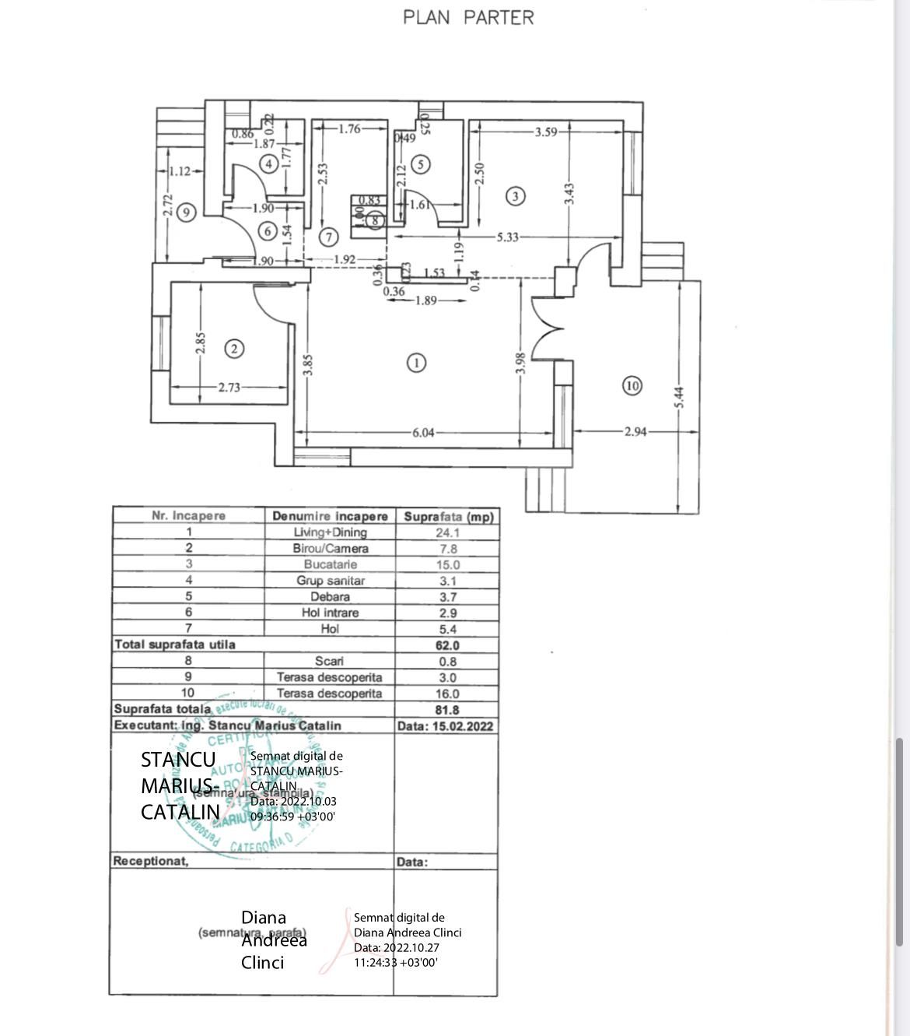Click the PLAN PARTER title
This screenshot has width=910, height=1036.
tap(468, 17)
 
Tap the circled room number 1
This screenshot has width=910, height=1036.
tap(417, 362)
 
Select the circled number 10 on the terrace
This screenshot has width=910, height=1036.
tap(632, 385)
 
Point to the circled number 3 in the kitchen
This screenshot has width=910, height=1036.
tap(515, 196)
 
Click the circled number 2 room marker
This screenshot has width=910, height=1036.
tap(234, 349)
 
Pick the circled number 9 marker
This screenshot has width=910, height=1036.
tap(186, 211)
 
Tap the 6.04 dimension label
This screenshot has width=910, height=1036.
tap(423, 433)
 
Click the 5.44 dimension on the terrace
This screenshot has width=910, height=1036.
tap(680, 398)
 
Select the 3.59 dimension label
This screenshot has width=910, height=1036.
tap(546, 132)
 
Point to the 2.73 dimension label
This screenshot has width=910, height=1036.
tap(229, 387)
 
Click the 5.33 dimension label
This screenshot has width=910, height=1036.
tap(507, 237)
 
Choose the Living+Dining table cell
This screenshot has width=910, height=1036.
tap(330, 532)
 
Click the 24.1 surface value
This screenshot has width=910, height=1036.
tap(447, 532)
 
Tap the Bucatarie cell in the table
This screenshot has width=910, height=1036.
tap(330, 564)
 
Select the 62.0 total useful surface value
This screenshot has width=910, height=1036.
tap(447, 645)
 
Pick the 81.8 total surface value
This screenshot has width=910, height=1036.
tap(447, 710)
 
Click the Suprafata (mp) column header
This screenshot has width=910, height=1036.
tap(448, 516)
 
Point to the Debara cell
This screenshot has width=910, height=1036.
tap(330, 597)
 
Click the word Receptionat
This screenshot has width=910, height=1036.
tap(151, 861)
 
